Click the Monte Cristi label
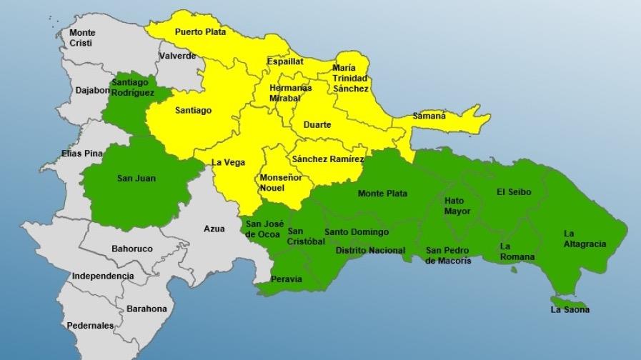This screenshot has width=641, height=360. click(x=82, y=38)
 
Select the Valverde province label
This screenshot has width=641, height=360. click(x=177, y=56)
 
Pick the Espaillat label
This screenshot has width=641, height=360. click(x=285, y=61)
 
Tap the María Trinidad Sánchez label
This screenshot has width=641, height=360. click(x=350, y=79)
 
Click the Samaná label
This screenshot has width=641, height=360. click(x=429, y=116)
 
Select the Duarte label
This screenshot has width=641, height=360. click(x=317, y=125)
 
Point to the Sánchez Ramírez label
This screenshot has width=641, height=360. click(x=329, y=159)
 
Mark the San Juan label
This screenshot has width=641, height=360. click(x=136, y=178)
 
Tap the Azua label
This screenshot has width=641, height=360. click(x=214, y=229)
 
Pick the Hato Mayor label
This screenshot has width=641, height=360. click(x=458, y=206)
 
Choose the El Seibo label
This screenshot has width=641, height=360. click(x=515, y=191)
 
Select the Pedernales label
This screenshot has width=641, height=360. click(x=90, y=326)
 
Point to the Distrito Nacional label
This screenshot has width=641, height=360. click(x=370, y=251)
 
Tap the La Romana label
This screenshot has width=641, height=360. click(x=515, y=251)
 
